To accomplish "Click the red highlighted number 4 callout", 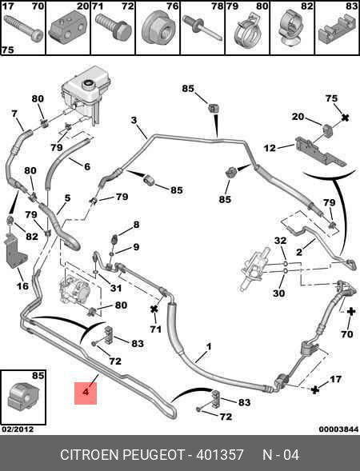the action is click(x=86, y=393).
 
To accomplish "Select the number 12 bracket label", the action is click(x=270, y=148).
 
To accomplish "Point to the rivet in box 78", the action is click(x=202, y=29).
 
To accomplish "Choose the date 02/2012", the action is click(x=18, y=429).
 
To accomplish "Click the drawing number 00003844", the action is click(x=338, y=429).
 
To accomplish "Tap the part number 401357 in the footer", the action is click(x=220, y=455).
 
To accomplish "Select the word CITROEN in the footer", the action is click(x=90, y=455).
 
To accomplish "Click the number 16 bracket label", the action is click(x=22, y=286).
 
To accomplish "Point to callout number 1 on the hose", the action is click(x=209, y=346).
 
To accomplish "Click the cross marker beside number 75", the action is click(x=346, y=118).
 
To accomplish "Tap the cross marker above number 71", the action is click(x=154, y=309).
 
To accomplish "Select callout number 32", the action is click(x=280, y=241).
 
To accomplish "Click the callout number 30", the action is click(x=278, y=293).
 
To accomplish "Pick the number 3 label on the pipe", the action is click(x=134, y=120).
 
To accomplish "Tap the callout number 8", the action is click(x=137, y=225).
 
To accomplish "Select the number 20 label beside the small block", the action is click(x=298, y=116).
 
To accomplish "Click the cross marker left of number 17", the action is click(x=315, y=390).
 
